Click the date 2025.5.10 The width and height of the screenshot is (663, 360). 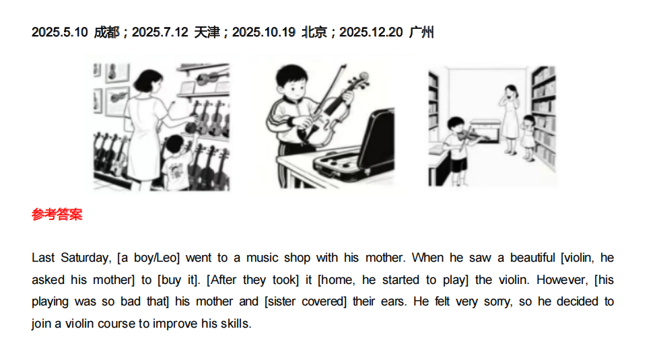(x=60, y=32)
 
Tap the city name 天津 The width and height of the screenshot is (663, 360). (x=207, y=32)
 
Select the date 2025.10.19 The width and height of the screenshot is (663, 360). (x=263, y=32)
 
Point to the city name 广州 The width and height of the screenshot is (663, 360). (x=421, y=32)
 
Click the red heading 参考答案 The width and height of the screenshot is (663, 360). (x=57, y=215)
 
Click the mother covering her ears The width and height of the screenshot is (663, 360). (x=510, y=118)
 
